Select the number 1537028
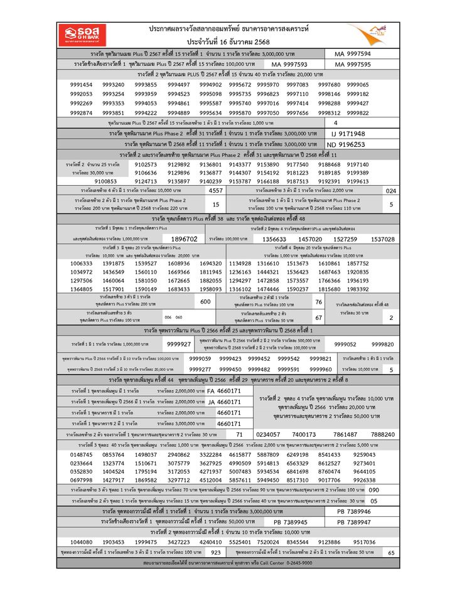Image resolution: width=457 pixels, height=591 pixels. click(383, 239)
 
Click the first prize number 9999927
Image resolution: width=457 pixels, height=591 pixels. click(180, 344)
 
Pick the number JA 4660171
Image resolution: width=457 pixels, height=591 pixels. click(223, 402)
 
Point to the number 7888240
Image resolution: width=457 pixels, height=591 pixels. click(383, 434)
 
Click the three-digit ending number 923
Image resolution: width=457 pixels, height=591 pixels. click(216, 553)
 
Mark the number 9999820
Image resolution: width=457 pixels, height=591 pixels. click(383, 344)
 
